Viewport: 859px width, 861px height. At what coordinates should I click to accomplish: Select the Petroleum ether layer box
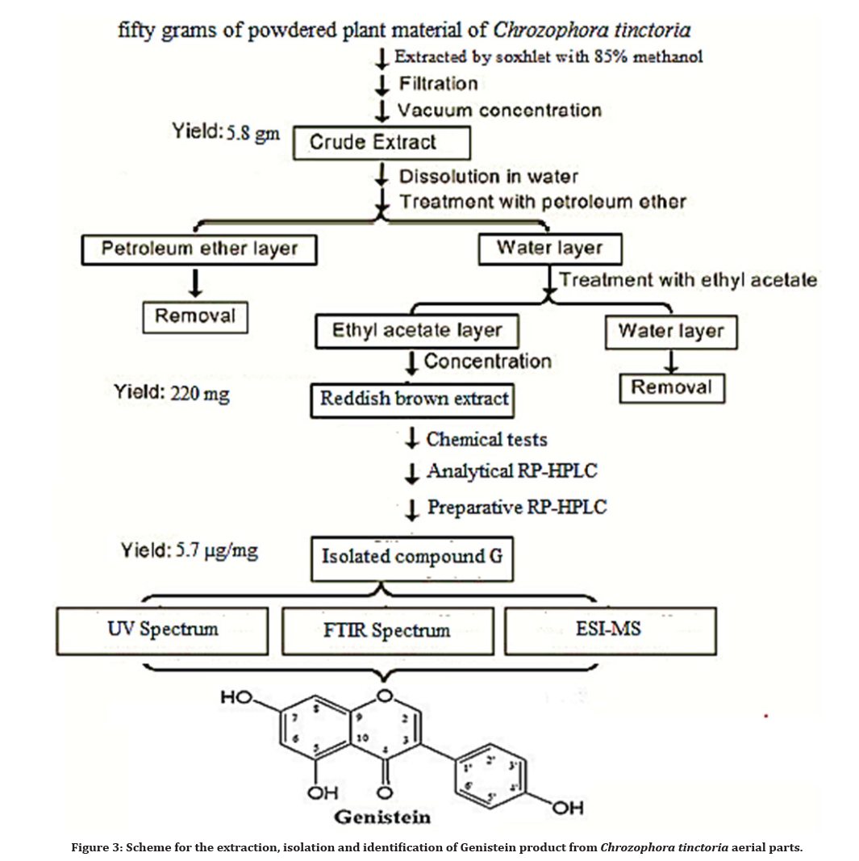tap(199, 249)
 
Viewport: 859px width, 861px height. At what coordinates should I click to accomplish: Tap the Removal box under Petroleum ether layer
tap(195, 316)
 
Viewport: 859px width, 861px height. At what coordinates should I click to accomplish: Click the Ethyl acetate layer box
tap(417, 331)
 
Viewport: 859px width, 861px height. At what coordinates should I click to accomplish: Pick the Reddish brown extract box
tap(414, 399)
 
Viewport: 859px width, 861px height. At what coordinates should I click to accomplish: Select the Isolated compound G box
tap(411, 557)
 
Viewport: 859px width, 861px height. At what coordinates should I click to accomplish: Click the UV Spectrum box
tap(163, 629)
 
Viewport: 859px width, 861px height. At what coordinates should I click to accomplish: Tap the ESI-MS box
tap(610, 628)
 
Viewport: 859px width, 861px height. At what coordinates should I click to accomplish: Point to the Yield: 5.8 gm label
tap(226, 132)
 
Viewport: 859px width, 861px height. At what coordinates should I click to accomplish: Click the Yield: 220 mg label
tap(171, 395)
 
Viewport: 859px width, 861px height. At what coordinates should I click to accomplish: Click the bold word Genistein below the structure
tap(382, 816)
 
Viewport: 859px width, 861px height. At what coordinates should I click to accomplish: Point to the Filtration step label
tap(438, 84)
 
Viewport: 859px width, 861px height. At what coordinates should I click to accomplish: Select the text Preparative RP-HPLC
tap(516, 508)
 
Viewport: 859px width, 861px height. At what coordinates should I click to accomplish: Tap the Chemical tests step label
tap(486, 440)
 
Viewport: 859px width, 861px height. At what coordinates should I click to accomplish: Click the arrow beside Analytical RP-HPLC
tap(412, 473)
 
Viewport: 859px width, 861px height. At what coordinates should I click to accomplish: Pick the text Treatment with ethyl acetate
tap(687, 280)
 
